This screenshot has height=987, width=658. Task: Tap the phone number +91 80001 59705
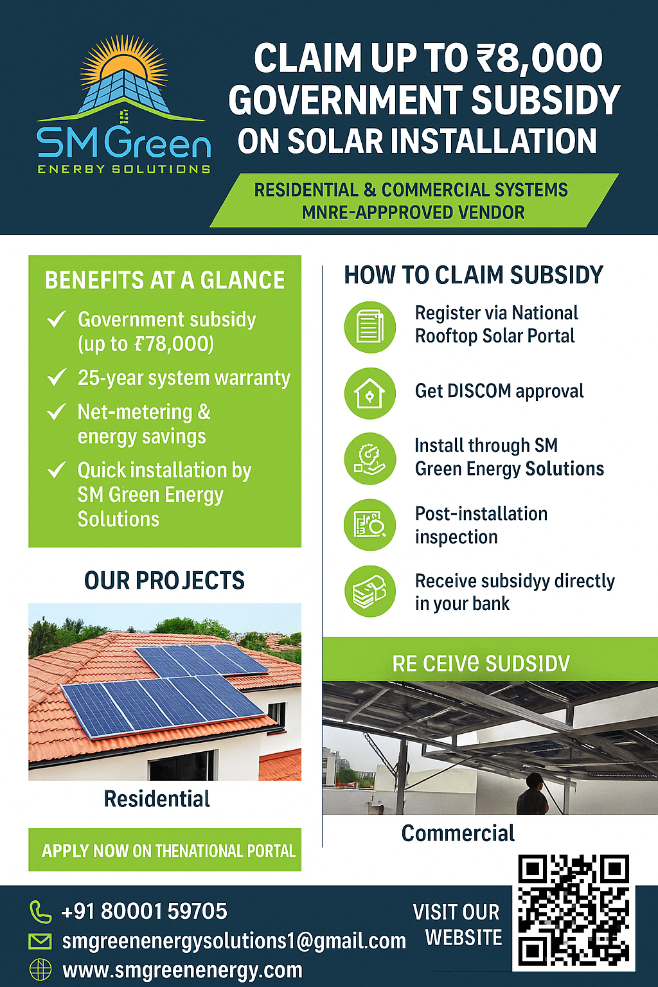click(144, 911)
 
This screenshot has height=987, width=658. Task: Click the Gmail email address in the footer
click(234, 941)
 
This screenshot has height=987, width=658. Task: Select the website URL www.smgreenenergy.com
click(182, 970)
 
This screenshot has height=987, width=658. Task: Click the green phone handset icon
click(40, 911)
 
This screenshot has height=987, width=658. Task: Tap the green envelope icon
click(40, 941)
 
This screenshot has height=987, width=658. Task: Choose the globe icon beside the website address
click(40, 970)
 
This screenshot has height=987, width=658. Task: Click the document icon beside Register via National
click(369, 327)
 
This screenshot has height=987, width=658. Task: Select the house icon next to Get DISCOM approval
click(369, 393)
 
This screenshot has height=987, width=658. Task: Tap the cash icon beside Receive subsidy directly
click(369, 591)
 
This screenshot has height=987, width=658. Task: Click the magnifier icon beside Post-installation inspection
click(369, 525)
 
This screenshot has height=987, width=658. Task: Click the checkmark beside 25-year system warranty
click(57, 377)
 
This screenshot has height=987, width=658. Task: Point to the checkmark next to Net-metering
click(57, 411)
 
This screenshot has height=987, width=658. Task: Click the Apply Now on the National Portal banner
click(165, 850)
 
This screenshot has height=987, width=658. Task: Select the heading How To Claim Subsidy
click(474, 275)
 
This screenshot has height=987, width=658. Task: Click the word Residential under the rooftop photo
click(157, 799)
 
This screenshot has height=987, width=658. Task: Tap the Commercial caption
click(458, 833)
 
